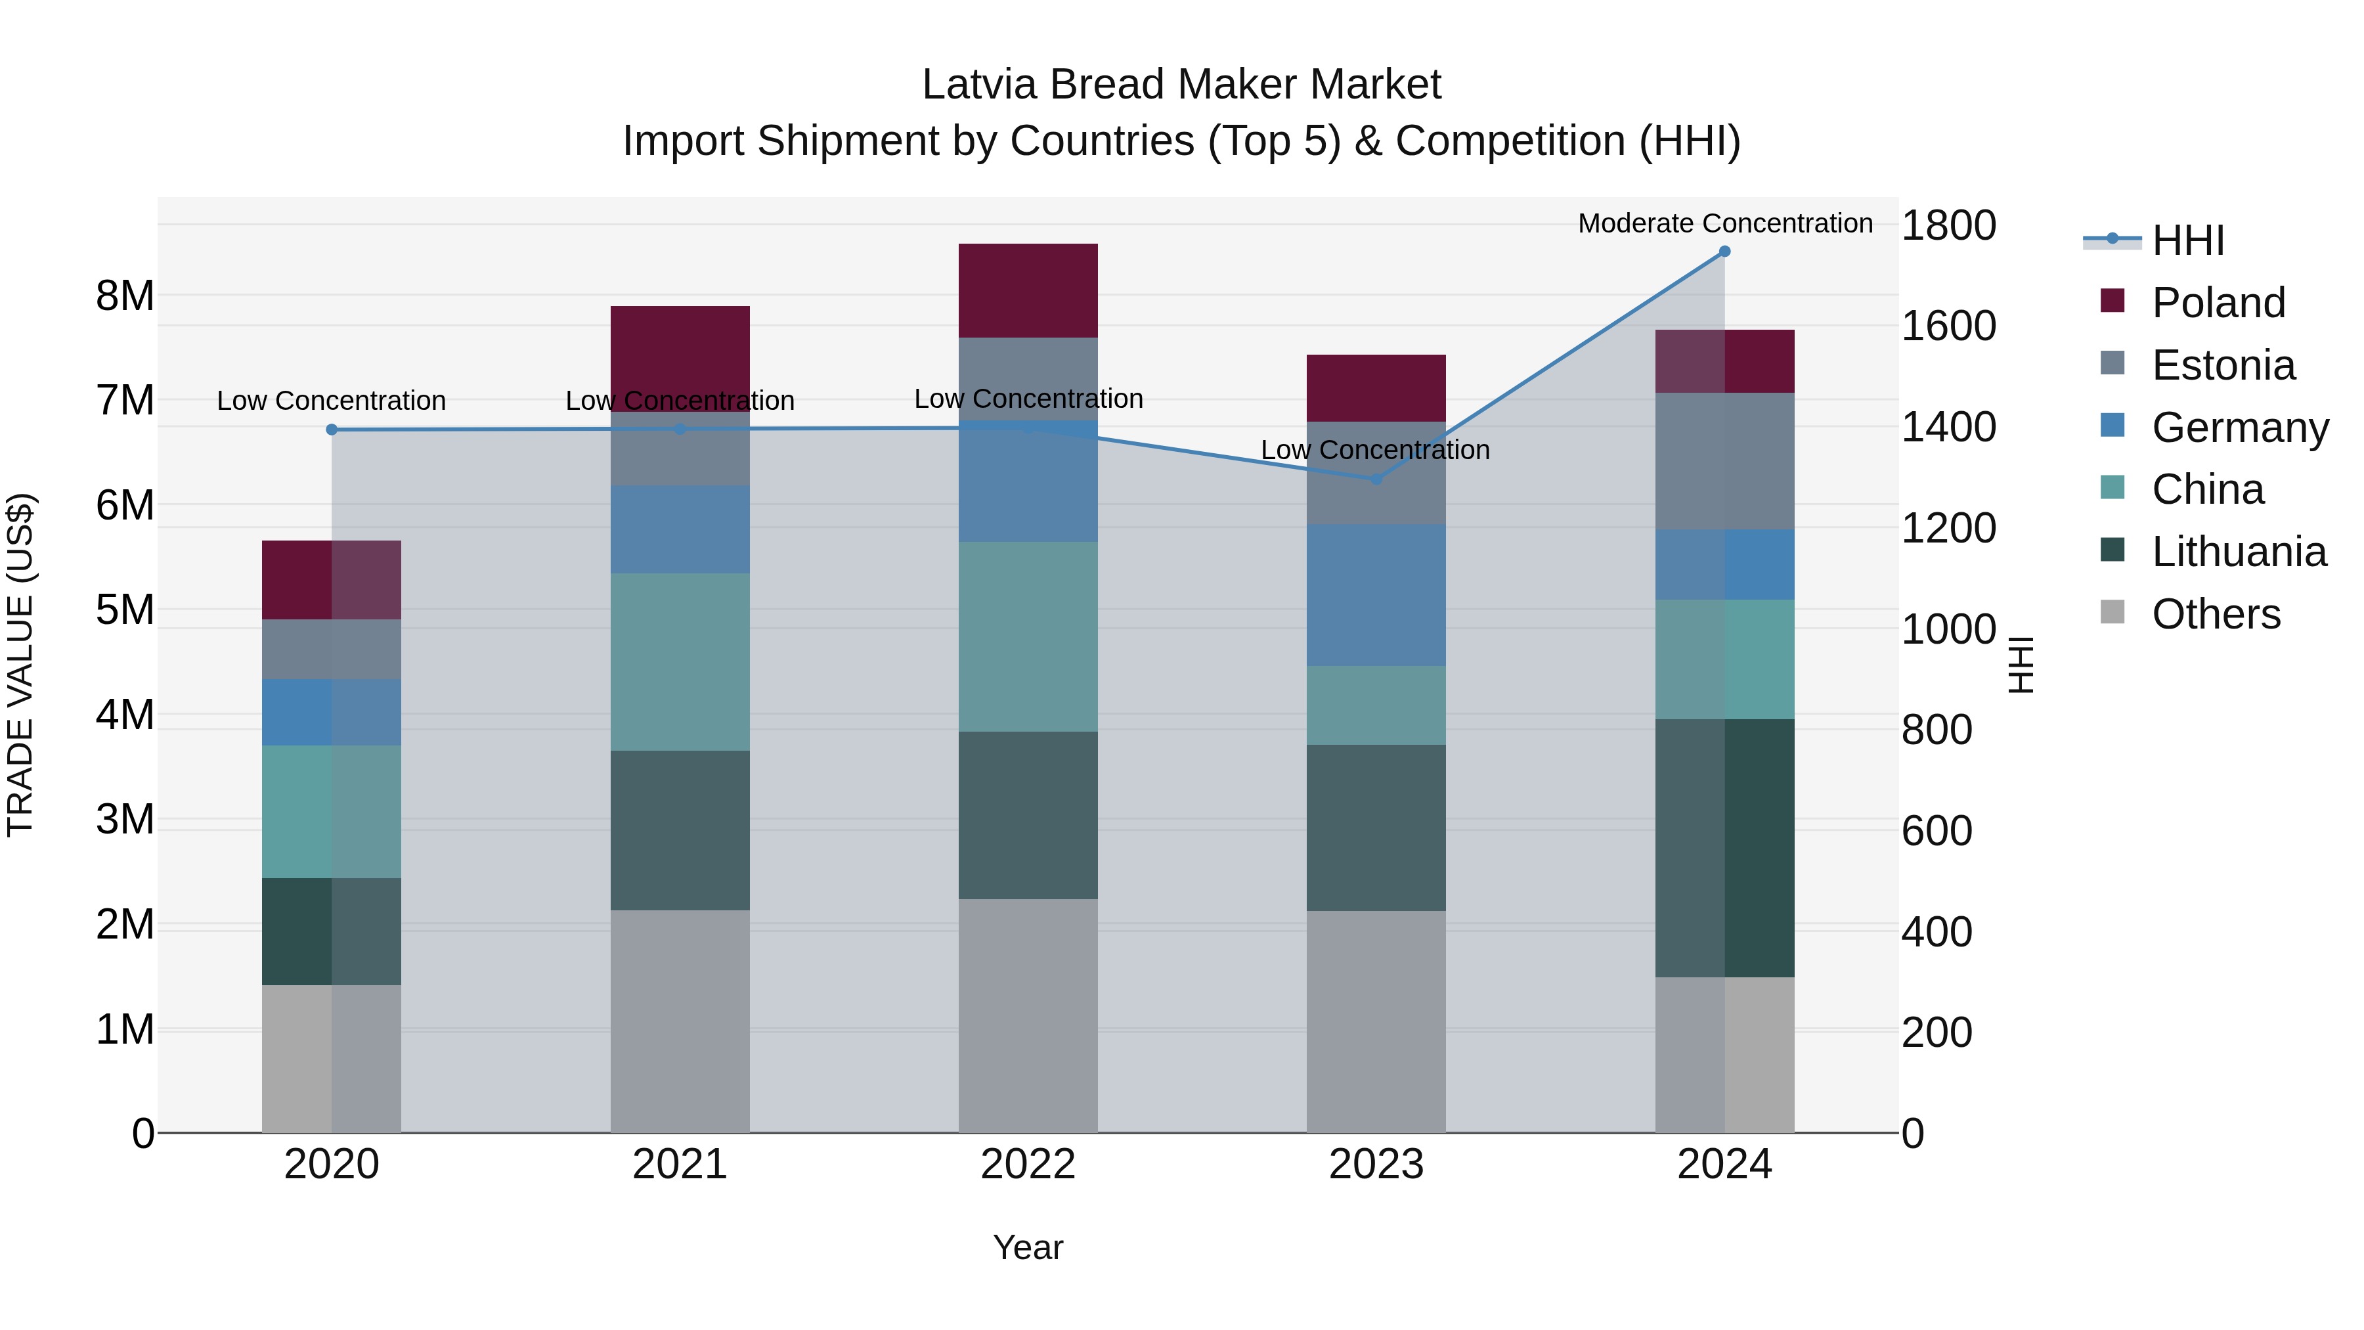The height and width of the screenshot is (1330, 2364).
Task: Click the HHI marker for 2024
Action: tap(1724, 252)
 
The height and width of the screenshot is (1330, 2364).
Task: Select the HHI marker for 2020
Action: tap(332, 430)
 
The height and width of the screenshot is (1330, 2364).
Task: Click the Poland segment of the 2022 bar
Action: tap(1028, 290)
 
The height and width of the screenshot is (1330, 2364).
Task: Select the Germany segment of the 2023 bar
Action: tap(1376, 595)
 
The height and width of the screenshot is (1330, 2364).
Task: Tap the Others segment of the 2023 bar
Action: tap(1376, 1021)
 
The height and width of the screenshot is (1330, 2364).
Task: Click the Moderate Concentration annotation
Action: tap(1724, 223)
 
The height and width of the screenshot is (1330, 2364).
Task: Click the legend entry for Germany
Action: tap(2239, 428)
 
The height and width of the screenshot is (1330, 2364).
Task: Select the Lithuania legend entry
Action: tap(2239, 552)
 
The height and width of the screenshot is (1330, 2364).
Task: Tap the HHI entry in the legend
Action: tap(2188, 240)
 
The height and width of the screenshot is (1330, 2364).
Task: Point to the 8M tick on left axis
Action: tap(125, 296)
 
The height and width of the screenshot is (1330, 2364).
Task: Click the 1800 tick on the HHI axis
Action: tap(1948, 225)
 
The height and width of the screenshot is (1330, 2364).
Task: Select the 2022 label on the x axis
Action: tap(1028, 1164)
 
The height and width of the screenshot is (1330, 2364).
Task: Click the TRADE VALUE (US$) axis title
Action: tap(20, 665)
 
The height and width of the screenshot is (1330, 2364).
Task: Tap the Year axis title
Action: tap(1028, 1247)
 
